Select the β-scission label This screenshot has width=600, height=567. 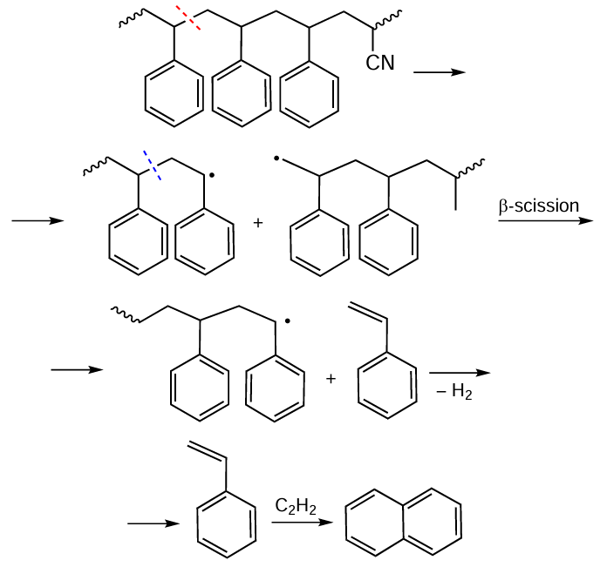click(538, 206)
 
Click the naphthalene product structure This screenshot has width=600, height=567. click(403, 522)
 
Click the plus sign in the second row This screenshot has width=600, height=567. click(257, 223)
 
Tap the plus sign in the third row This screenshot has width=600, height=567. click(331, 379)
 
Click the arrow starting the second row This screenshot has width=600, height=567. click(37, 220)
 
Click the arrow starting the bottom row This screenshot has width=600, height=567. click(153, 523)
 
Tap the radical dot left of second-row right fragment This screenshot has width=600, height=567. click(276, 160)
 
